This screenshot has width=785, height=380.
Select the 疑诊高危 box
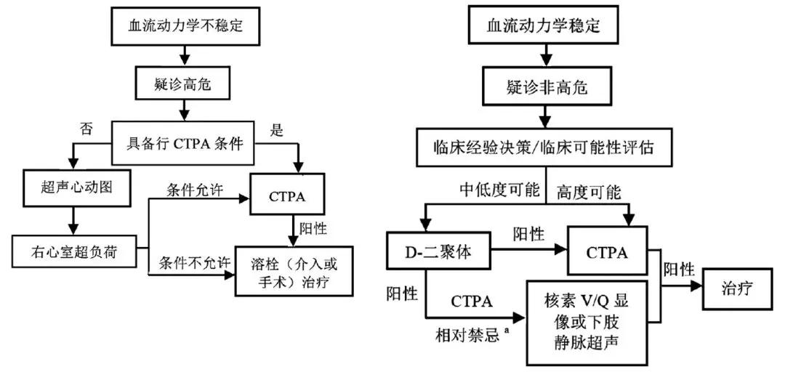pyautogui.click(x=186, y=86)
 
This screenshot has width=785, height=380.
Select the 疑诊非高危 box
pyautogui.click(x=544, y=88)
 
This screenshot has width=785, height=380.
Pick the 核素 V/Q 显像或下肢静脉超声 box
pyautogui.click(x=585, y=320)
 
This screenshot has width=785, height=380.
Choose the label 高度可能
pyautogui.click(x=588, y=193)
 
